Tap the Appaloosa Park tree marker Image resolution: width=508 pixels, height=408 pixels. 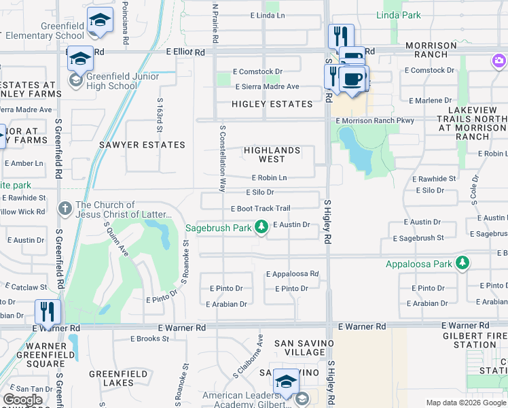pyautogui.click(x=462, y=262)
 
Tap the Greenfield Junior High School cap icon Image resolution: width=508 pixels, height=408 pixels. pyautogui.click(x=80, y=58)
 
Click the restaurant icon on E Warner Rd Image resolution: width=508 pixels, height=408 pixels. pyautogui.click(x=48, y=312)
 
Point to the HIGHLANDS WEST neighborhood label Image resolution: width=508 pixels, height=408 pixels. pyautogui.click(x=272, y=154)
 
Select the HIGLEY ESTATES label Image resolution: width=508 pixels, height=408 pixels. pyautogui.click(x=262, y=104)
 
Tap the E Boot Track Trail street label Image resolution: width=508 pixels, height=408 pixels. pyautogui.click(x=260, y=209)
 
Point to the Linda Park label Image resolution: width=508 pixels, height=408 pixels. pyautogui.click(x=399, y=15)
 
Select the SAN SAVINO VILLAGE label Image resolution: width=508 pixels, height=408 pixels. pyautogui.click(x=300, y=347)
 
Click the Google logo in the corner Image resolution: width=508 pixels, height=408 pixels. pyautogui.click(x=22, y=400)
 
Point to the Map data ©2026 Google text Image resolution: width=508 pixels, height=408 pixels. pyautogui.click(x=465, y=403)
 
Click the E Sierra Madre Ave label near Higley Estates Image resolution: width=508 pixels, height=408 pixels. pyautogui.click(x=267, y=87)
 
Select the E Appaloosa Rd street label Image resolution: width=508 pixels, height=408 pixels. pyautogui.click(x=292, y=274)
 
